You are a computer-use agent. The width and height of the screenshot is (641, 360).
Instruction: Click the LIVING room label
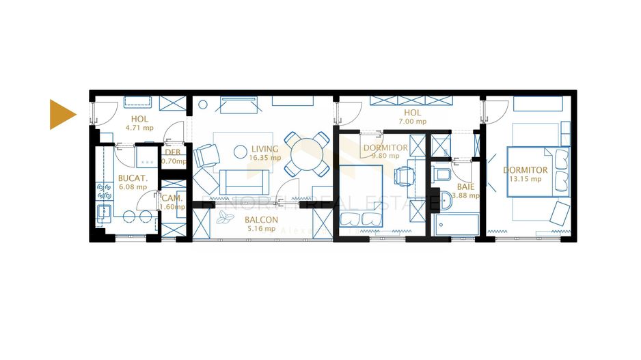[x=264, y=149]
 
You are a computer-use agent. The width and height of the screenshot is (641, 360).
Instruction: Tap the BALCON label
[x=262, y=220]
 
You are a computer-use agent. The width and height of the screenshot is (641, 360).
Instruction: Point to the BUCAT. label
[x=133, y=177]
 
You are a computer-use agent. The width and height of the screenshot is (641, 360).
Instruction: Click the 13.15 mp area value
[x=525, y=179]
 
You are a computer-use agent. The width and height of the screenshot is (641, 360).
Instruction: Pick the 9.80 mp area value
[x=385, y=156]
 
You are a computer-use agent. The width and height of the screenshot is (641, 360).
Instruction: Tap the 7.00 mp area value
[x=412, y=122]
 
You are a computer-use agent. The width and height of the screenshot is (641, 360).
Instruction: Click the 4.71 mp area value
[x=139, y=127]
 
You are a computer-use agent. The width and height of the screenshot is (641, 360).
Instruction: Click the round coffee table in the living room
[x=240, y=150]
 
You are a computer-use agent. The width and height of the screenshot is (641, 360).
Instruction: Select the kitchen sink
[x=105, y=211]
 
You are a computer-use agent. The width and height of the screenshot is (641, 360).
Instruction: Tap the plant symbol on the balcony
[x=225, y=219]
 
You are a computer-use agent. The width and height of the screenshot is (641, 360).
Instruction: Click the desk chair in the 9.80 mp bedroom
[x=403, y=175]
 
